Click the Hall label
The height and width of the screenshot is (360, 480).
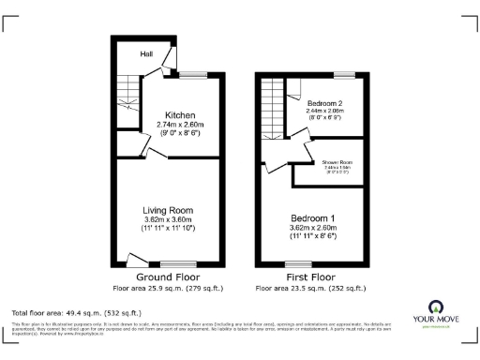[146, 54]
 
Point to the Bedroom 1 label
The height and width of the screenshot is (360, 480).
[313, 217]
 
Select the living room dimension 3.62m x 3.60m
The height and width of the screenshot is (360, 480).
[168, 219]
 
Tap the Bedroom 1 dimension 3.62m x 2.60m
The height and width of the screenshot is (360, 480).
[313, 228]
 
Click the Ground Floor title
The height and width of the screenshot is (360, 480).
[167, 277]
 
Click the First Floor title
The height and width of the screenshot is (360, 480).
[310, 277]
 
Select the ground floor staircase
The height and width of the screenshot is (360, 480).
[127, 98]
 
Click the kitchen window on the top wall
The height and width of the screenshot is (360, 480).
[194, 76]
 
